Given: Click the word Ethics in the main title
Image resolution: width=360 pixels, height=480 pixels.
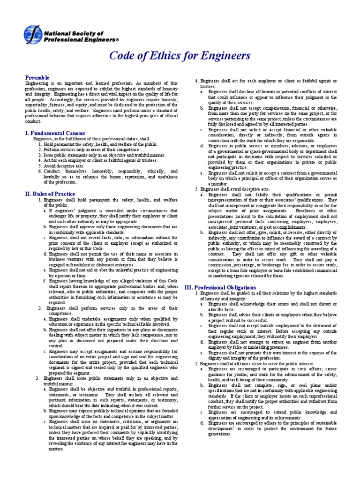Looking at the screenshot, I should coord(161,56).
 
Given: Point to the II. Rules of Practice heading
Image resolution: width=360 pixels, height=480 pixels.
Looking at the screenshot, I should coord(50,194).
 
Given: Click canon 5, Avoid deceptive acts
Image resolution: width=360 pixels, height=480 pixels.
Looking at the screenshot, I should coord(61,166).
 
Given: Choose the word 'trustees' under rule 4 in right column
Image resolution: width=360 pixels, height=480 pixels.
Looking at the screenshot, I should coord(208,87).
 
